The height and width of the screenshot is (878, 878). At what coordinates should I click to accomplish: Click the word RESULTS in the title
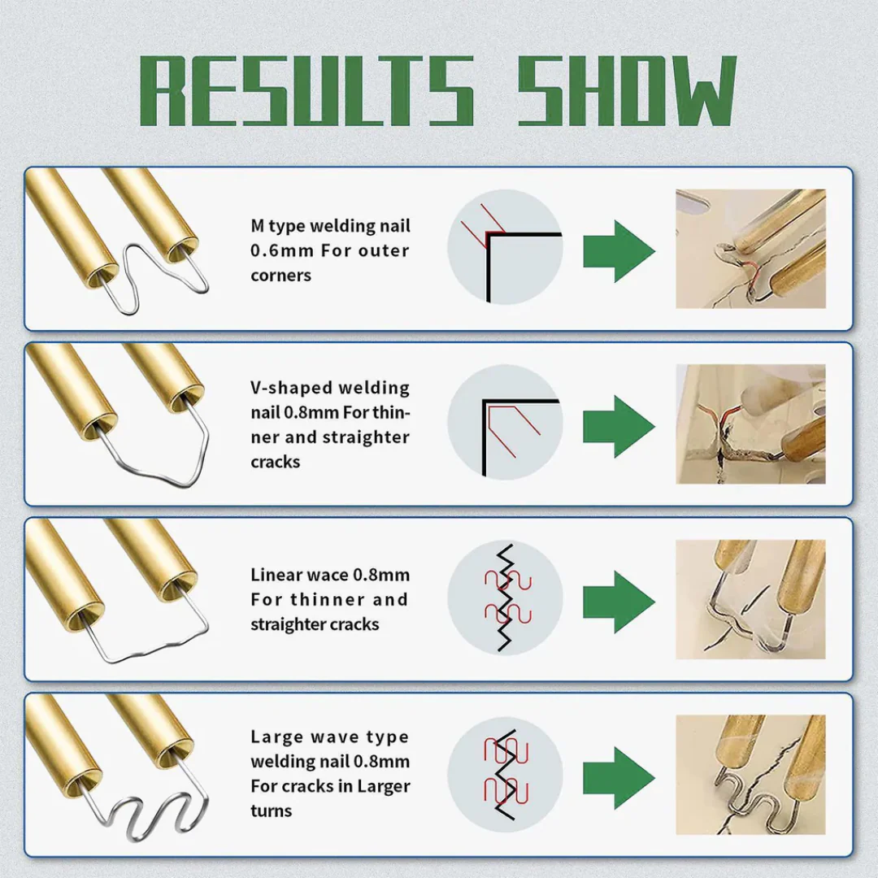click(306, 91)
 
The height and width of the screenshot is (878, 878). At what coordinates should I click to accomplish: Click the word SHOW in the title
click(627, 91)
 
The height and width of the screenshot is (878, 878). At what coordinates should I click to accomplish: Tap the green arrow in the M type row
click(619, 251)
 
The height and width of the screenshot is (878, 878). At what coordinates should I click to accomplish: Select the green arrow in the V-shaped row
click(619, 426)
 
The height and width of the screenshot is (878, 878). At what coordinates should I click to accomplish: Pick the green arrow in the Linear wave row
click(619, 602)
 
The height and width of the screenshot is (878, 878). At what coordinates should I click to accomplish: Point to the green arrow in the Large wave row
click(619, 778)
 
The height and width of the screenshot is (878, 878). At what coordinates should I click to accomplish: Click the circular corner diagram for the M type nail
click(505, 247)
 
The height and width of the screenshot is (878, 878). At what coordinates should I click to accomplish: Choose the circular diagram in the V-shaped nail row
click(505, 422)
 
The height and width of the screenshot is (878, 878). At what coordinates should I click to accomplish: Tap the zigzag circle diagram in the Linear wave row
click(505, 598)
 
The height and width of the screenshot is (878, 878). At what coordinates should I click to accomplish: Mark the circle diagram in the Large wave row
click(505, 775)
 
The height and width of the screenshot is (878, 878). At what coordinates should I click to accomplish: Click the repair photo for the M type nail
click(750, 249)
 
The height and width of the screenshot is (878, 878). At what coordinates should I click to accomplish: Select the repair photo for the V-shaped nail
click(750, 424)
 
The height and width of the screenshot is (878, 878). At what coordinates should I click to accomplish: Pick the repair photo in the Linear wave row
click(750, 599)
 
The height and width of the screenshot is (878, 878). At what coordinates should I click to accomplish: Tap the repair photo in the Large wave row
click(750, 775)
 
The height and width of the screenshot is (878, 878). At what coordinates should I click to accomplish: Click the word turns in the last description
click(271, 811)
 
